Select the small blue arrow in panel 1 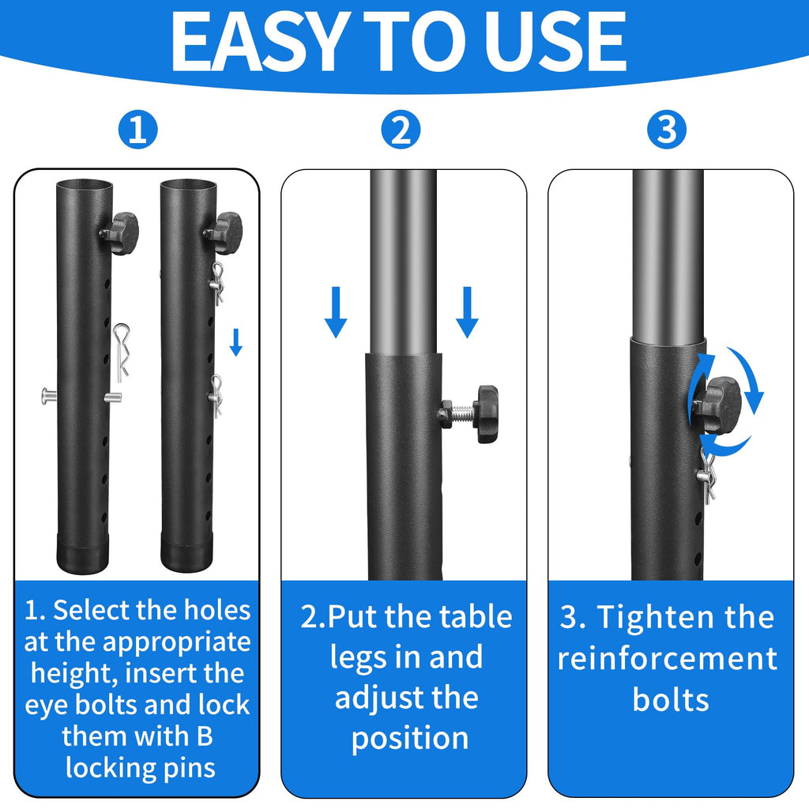coord(235,342)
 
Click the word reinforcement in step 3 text coord(668,659)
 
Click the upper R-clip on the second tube coord(216,282)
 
